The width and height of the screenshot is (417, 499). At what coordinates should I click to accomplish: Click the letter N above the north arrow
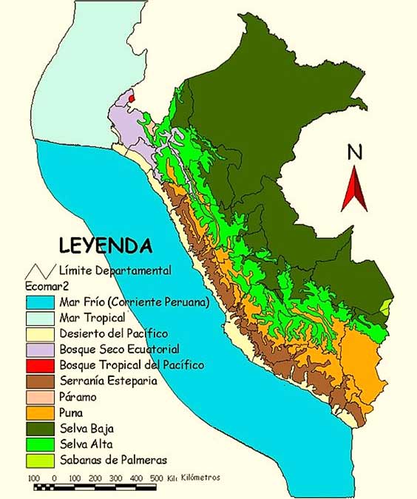(x=355, y=152)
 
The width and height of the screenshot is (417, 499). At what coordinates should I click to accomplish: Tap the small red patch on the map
(x=132, y=97)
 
